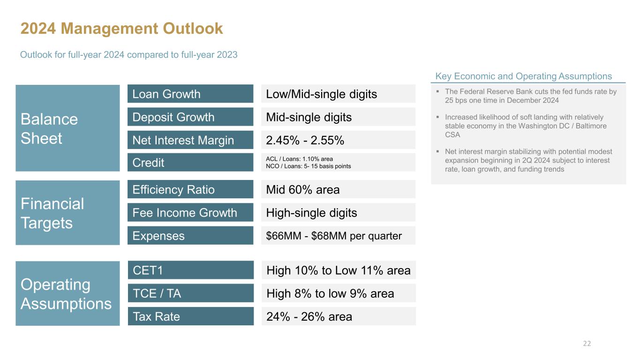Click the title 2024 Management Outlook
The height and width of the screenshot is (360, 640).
click(121, 29)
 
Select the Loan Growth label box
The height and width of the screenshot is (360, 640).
click(190, 94)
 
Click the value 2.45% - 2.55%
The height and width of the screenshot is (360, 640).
click(305, 140)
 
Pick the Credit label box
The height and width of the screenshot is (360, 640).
click(190, 163)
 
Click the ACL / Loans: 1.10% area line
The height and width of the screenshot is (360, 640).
click(299, 159)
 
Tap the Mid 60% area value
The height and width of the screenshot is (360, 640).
click(303, 189)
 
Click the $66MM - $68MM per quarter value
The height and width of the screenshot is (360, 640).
click(334, 236)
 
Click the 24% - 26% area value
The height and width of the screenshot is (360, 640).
click(309, 317)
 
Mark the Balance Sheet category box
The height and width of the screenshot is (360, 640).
click(68, 128)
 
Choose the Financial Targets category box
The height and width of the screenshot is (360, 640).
click(68, 213)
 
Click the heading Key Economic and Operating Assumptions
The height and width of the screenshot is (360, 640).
click(523, 76)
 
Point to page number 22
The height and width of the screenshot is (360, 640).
click(587, 344)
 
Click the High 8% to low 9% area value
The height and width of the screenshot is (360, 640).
click(330, 293)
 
